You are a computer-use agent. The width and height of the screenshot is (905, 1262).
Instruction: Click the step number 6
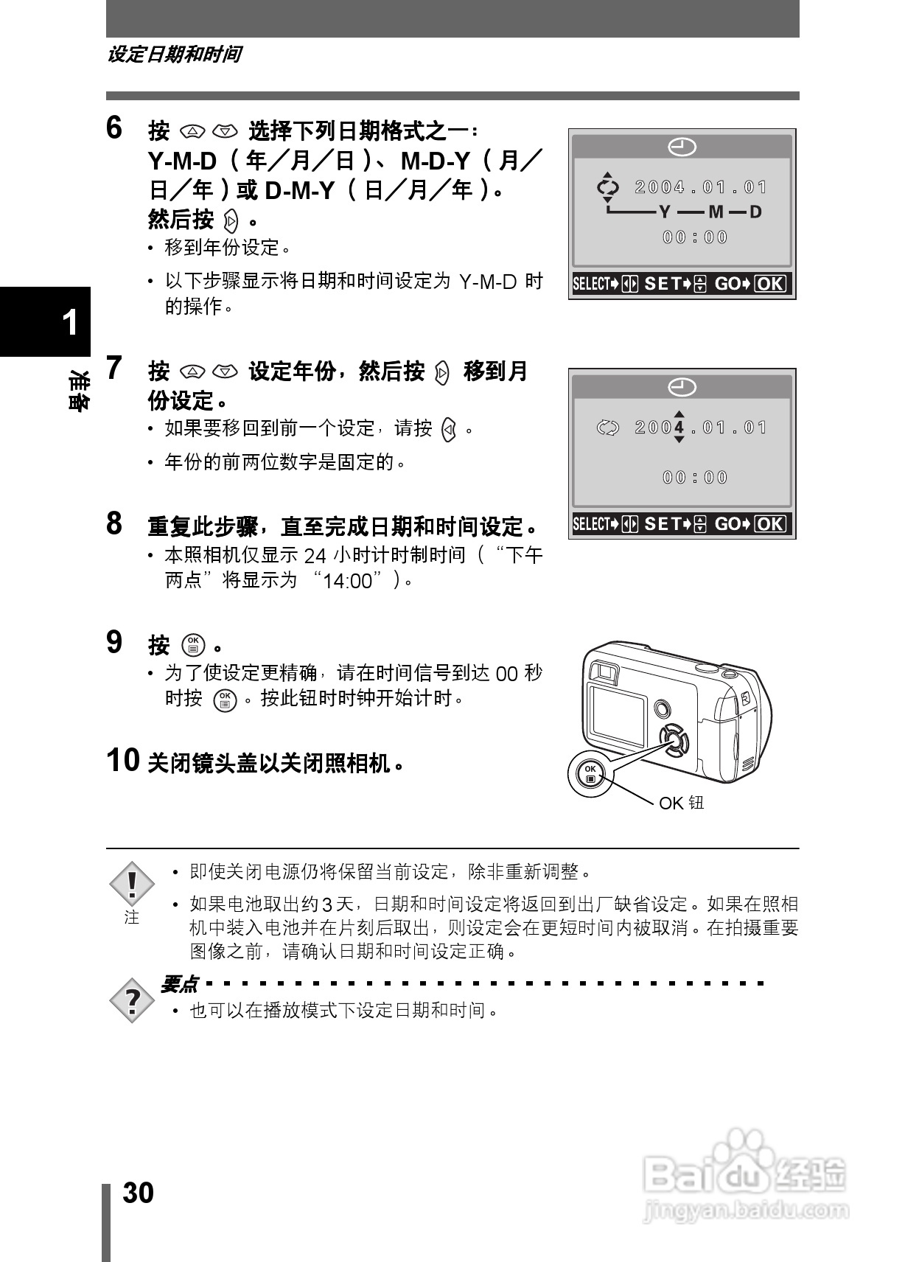(114, 128)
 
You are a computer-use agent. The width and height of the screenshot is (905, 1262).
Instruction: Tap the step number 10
(123, 760)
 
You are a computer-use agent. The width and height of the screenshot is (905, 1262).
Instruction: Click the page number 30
(138, 1193)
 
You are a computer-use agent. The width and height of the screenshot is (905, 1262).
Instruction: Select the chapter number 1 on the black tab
(70, 323)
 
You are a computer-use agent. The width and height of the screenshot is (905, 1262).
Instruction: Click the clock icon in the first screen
(682, 147)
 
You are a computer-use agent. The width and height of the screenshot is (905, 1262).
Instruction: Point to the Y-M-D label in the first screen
(709, 212)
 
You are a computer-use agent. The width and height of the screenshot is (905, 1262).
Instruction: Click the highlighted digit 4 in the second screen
(679, 428)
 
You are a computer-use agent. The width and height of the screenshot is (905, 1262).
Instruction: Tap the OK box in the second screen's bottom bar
(771, 524)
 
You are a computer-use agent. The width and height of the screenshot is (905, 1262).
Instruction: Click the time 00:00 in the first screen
(694, 237)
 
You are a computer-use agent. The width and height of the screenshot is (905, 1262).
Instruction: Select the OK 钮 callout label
(681, 803)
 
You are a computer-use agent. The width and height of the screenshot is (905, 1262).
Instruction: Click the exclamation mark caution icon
(132, 884)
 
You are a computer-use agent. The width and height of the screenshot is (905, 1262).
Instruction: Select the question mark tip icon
(132, 1000)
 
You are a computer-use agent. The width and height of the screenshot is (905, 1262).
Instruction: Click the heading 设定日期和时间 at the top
(174, 55)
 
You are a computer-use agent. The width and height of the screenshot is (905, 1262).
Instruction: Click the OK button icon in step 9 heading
(193, 645)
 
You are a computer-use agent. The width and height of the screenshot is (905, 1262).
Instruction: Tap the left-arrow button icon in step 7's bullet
(448, 429)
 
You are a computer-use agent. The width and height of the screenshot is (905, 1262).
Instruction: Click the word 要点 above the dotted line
(179, 983)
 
